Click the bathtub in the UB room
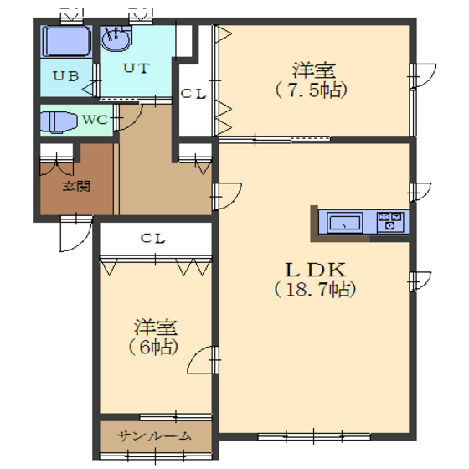coord(66,41)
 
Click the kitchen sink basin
coord(344,223)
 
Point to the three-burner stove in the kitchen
coord(390,221)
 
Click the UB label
coord(66,76)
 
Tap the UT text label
coord(136,68)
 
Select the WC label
coord(95,120)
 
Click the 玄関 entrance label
coord(76,186)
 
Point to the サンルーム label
coord(154,436)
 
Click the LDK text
coord(316,270)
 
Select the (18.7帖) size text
coord(315,290)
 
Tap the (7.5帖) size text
coord(312,90)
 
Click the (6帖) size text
coord(154,348)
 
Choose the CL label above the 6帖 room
coord(152,239)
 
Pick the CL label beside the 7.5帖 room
coord(193,94)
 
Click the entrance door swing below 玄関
coord(83,240)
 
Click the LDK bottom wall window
coord(314,436)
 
